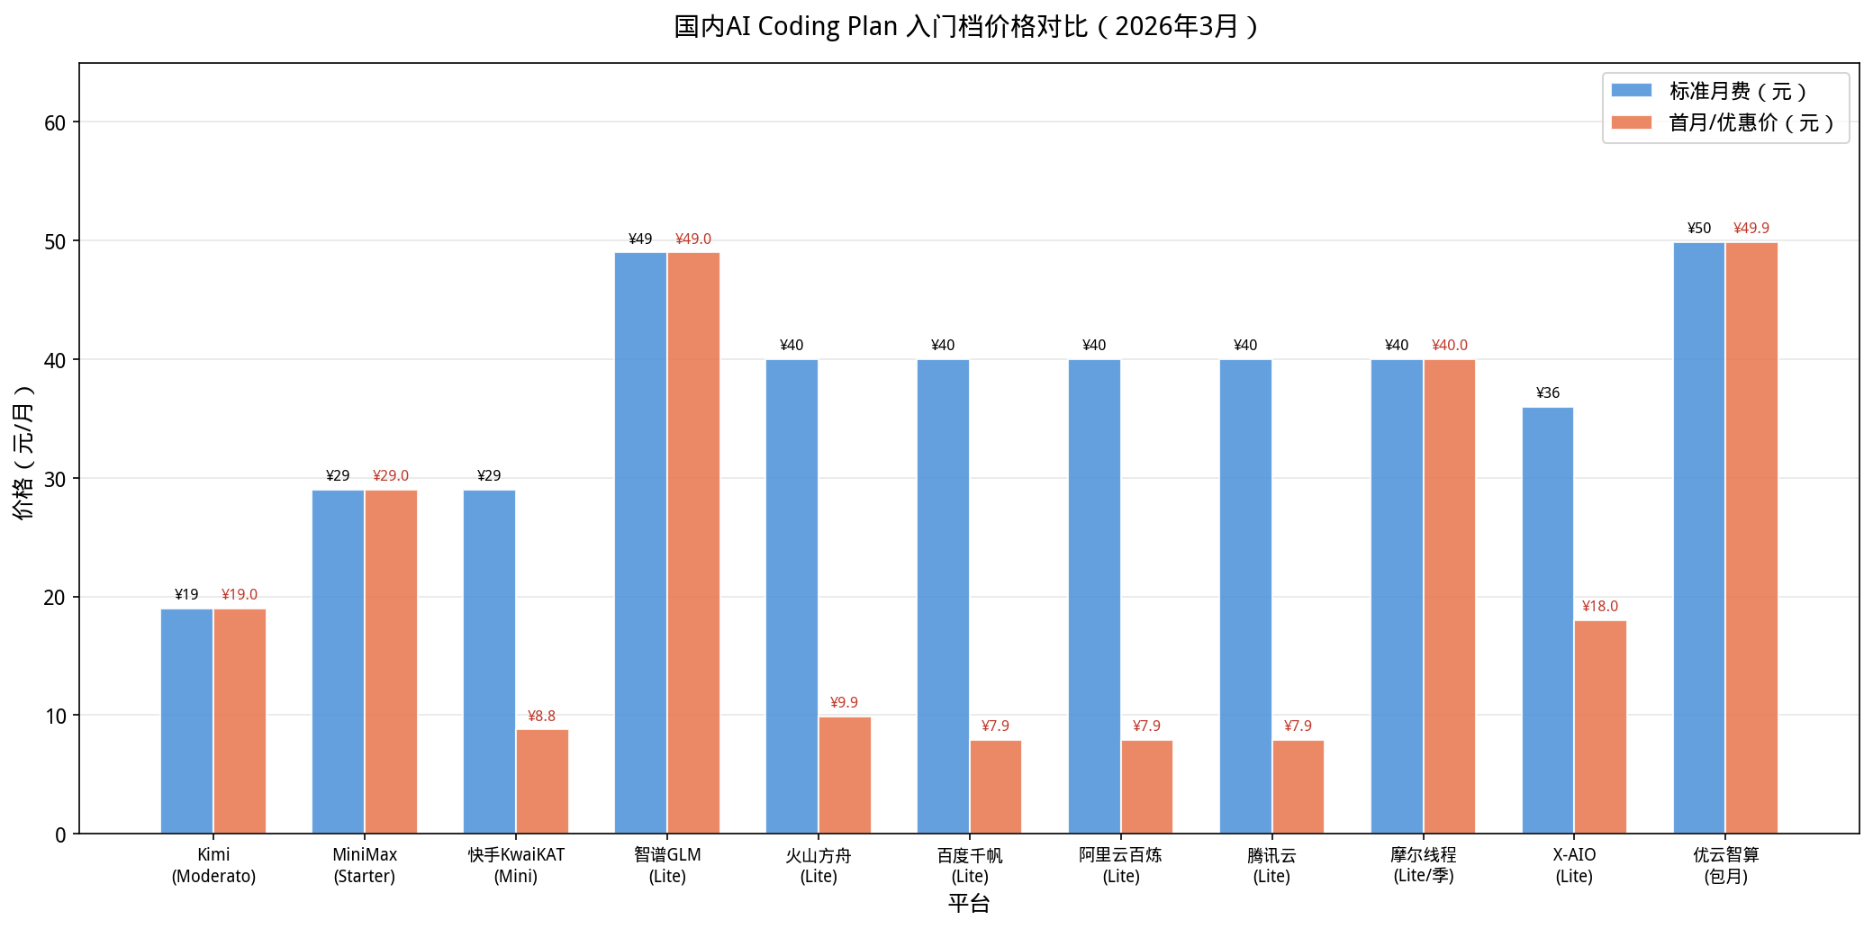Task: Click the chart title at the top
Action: pyautogui.click(x=966, y=27)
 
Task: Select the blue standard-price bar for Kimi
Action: pyautogui.click(x=186, y=721)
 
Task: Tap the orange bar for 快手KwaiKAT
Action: pyautogui.click(x=542, y=781)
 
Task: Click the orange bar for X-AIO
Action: pyautogui.click(x=1600, y=727)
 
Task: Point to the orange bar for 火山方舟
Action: pyautogui.click(x=845, y=775)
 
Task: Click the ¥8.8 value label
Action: pyautogui.click(x=541, y=717)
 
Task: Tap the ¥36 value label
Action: pyautogui.click(x=1547, y=393)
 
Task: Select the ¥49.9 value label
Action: pyautogui.click(x=1751, y=229)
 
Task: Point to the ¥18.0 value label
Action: pyautogui.click(x=1599, y=607)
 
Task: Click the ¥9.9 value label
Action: pyautogui.click(x=844, y=703)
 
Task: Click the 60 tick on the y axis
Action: pyautogui.click(x=56, y=123)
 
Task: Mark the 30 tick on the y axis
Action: pyautogui.click(x=56, y=479)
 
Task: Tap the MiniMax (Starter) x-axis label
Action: pyautogui.click(x=365, y=866)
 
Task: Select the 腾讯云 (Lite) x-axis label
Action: pyautogui.click(x=1271, y=866)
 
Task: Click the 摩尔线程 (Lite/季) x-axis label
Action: pyautogui.click(x=1423, y=866)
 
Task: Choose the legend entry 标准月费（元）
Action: pyautogui.click(x=1737, y=92)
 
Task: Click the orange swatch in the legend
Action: pyautogui.click(x=1631, y=123)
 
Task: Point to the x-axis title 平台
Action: pyautogui.click(x=969, y=904)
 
